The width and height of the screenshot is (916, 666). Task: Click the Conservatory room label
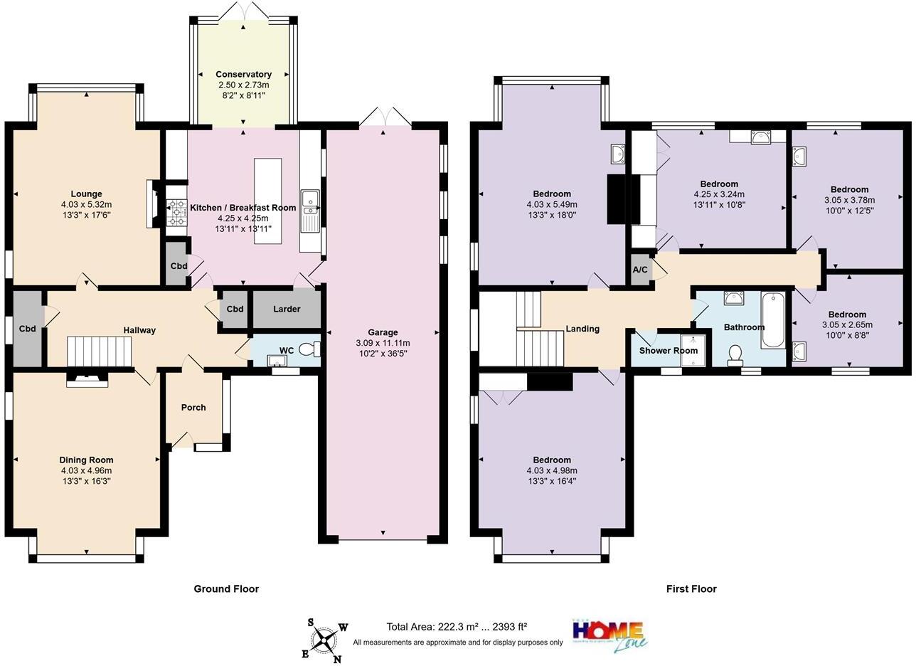pyautogui.click(x=243, y=74)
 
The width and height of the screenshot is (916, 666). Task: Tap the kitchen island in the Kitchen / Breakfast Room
pyautogui.click(x=267, y=201)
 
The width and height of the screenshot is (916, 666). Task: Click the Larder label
pyautogui.click(x=287, y=309)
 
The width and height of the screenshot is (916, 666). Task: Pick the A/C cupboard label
pyautogui.click(x=640, y=270)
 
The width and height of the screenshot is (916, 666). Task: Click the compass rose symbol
pyautogui.click(x=325, y=640)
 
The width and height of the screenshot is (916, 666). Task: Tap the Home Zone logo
pyautogui.click(x=609, y=634)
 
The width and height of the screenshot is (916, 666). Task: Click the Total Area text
pyautogui.click(x=457, y=627)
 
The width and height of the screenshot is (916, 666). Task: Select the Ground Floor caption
pyautogui.click(x=226, y=588)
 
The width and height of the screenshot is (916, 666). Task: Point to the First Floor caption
pyautogui.click(x=691, y=588)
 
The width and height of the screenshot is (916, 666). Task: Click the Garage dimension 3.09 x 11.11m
pyautogui.click(x=383, y=343)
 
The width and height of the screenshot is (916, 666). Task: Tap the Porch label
pyautogui.click(x=193, y=408)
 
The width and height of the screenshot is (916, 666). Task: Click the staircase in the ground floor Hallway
pyautogui.click(x=100, y=351)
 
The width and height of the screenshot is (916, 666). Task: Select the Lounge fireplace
pyautogui.click(x=151, y=204)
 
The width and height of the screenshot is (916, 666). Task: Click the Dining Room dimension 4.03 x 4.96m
pyautogui.click(x=86, y=470)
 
